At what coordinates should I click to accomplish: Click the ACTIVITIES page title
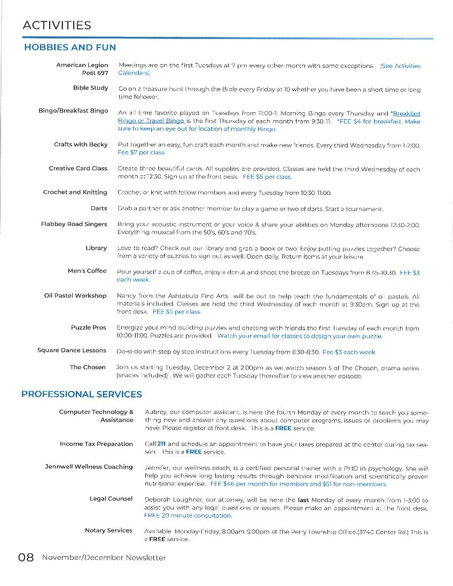[x=57, y=25]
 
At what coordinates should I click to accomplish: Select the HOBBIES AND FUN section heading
[x=70, y=48]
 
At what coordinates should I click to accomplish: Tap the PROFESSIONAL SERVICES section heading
[x=82, y=395]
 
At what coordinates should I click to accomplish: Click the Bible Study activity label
[x=90, y=88]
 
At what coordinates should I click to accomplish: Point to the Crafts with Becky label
[x=81, y=144]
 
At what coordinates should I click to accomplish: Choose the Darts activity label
[x=98, y=208]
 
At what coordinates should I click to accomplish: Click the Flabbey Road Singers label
[x=74, y=224]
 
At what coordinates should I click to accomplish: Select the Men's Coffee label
[x=87, y=271]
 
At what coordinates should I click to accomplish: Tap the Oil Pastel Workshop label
[x=75, y=295]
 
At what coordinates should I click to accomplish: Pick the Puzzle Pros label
[x=89, y=327]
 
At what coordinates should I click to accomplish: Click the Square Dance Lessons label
[x=72, y=350]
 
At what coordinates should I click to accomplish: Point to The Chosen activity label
[x=88, y=367]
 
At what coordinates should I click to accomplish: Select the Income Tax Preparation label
[x=96, y=444]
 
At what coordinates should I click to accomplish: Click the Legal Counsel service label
[x=111, y=498]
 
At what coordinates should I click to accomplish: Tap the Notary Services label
[x=108, y=530]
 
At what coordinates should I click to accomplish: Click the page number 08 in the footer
[x=26, y=558]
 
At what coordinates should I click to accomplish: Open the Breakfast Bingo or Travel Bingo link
[x=152, y=121]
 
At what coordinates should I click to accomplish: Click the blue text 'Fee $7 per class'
[x=141, y=153]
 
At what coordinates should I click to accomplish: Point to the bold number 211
[x=161, y=444]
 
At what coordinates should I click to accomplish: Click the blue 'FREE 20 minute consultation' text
[x=188, y=515]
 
